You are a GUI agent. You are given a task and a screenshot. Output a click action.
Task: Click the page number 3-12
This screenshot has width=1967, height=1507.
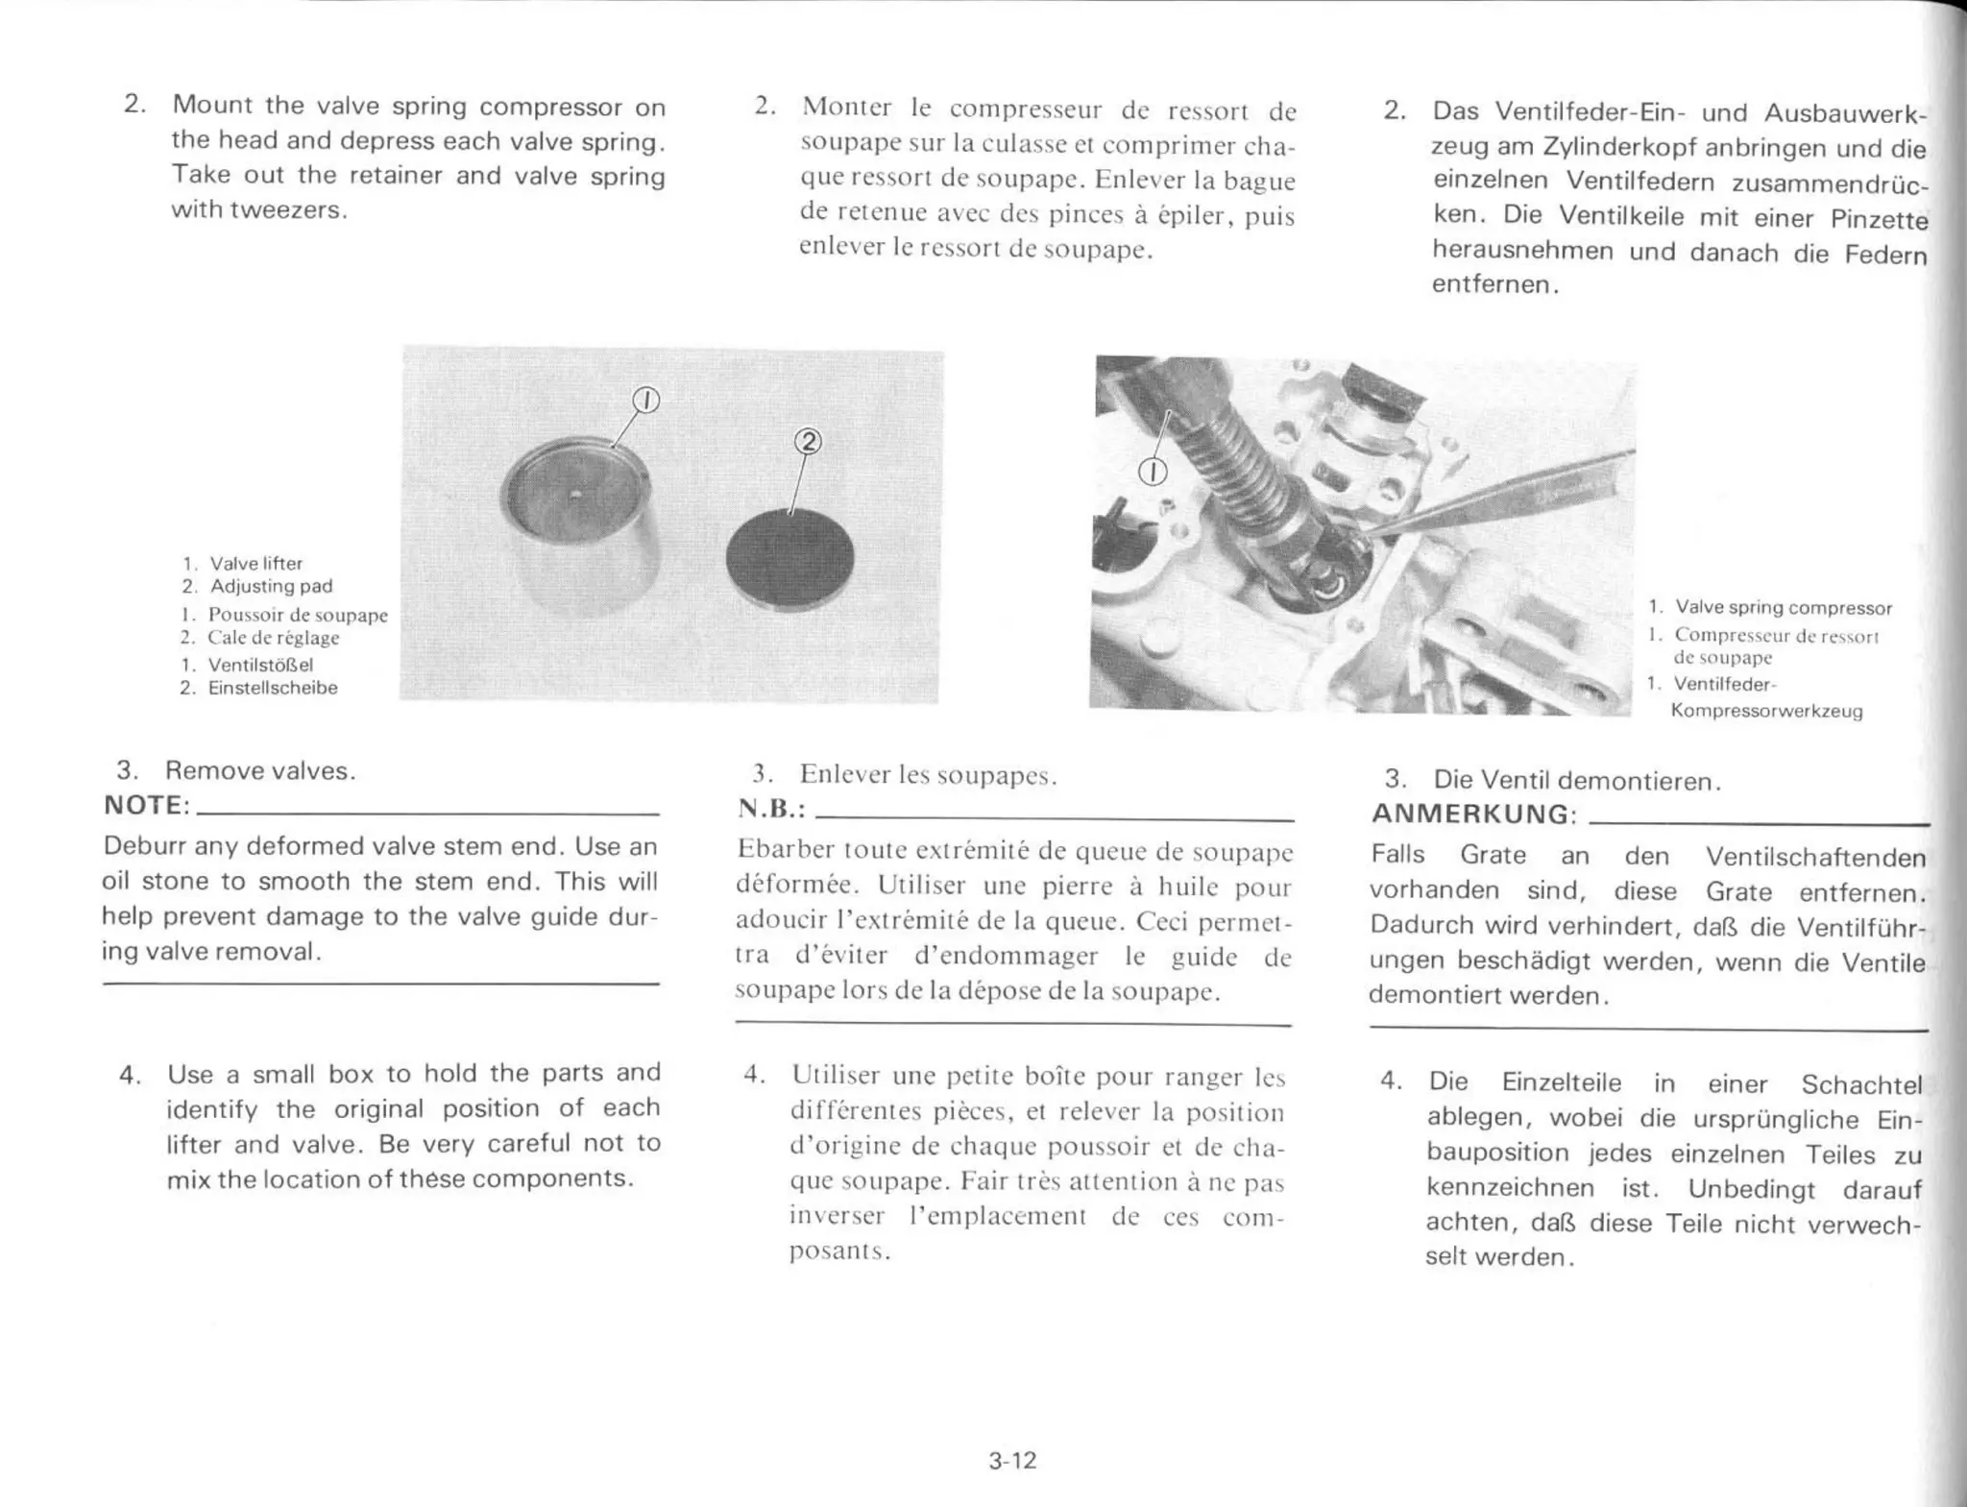(x=1012, y=1461)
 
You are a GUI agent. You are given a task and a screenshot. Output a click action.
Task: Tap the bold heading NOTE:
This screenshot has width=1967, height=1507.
(x=147, y=805)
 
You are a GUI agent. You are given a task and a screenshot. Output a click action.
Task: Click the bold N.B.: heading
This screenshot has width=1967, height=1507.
(x=770, y=809)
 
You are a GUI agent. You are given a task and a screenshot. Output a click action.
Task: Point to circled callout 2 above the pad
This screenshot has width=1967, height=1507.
(x=809, y=441)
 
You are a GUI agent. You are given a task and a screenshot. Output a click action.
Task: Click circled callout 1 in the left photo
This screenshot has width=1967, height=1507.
(x=646, y=400)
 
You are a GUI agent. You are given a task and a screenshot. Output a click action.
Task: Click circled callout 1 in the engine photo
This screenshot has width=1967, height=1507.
(x=1152, y=472)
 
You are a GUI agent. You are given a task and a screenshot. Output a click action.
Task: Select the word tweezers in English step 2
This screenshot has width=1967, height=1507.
(x=286, y=210)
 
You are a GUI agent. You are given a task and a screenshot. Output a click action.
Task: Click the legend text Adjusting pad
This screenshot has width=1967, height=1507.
(x=271, y=586)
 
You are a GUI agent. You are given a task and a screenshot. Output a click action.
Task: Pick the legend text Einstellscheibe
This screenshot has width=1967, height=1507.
(x=273, y=688)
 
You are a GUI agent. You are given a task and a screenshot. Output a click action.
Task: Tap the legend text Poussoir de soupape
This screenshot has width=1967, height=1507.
(x=298, y=615)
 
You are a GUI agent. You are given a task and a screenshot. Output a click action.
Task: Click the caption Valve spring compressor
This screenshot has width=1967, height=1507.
(x=1783, y=607)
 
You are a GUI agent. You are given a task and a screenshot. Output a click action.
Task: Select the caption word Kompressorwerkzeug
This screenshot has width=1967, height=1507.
(x=1766, y=711)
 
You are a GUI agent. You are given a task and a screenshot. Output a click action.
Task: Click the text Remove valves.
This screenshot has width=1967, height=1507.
(x=260, y=770)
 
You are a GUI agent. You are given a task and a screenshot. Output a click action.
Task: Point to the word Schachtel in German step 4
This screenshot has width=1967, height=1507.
(x=1860, y=1084)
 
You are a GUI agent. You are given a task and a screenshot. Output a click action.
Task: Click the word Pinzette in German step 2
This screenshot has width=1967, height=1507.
(x=1878, y=219)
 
